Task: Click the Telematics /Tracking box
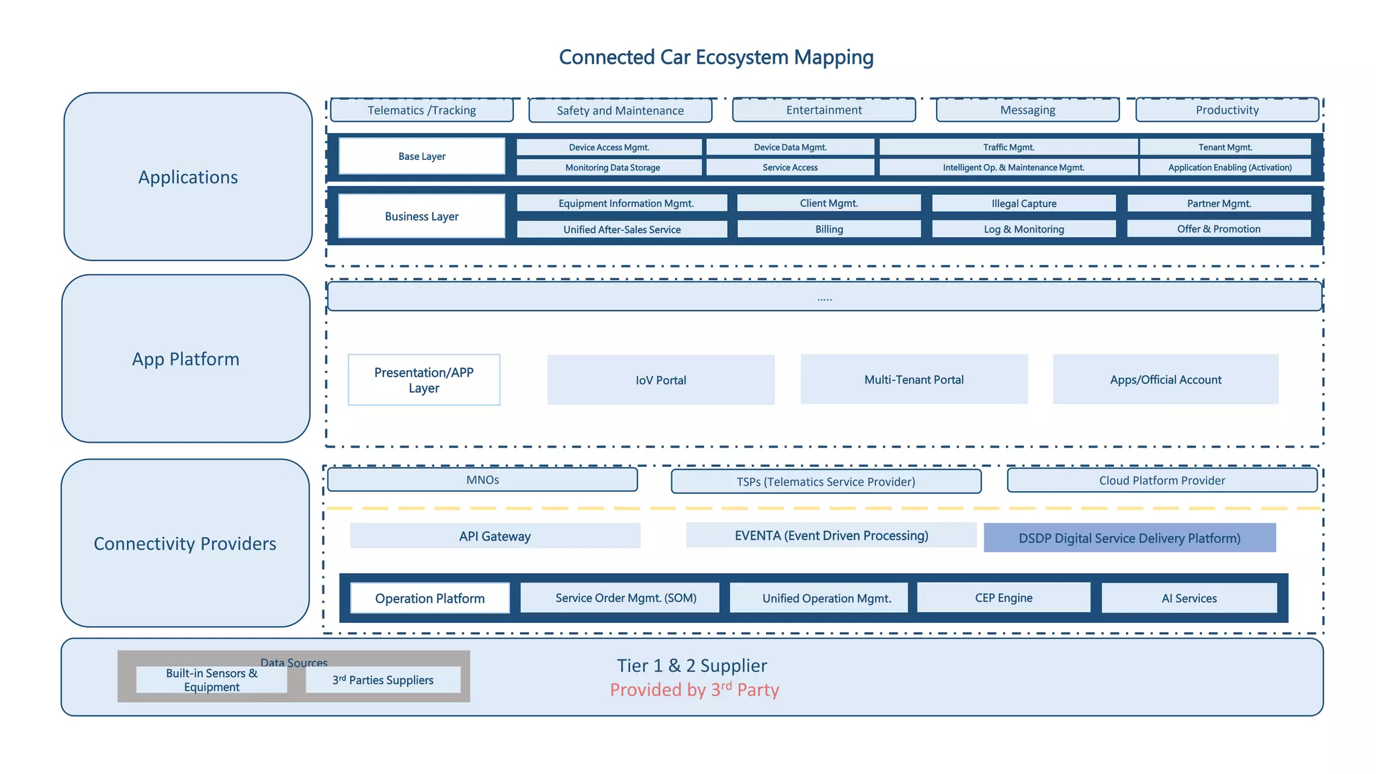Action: coord(421,110)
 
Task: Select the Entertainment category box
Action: coord(824,110)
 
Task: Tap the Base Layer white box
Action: coord(421,156)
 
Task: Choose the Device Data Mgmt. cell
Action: coord(790,147)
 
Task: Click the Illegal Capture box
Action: coord(1023,204)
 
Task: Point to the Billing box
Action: coord(828,229)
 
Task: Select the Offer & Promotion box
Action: coord(1218,229)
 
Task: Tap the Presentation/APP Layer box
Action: coord(423,380)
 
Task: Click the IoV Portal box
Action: coord(660,380)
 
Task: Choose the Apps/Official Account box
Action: coord(1165,380)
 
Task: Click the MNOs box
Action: coord(482,480)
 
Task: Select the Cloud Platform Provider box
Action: coord(1162,480)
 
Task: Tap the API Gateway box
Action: coord(494,536)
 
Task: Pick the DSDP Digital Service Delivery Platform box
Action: coord(1129,538)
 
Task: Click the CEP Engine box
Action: coord(1003,598)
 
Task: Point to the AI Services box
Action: coord(1189,598)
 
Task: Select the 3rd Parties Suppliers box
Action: coord(383,680)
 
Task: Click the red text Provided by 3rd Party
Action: coord(694,690)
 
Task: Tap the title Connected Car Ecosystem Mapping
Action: coord(716,57)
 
